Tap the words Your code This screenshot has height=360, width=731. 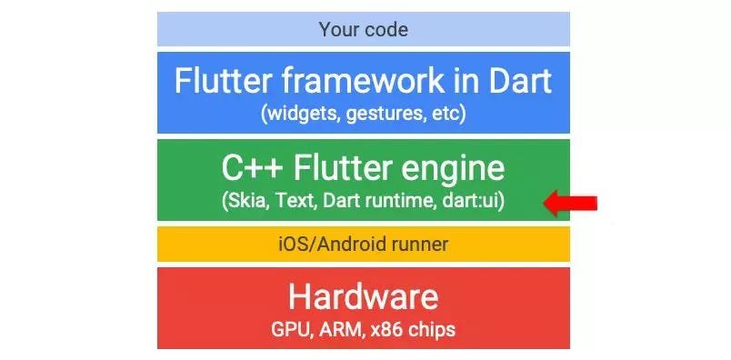(x=363, y=29)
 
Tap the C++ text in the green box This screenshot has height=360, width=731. (x=252, y=168)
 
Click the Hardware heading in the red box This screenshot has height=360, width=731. (x=363, y=297)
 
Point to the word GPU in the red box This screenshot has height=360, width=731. (x=290, y=329)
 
